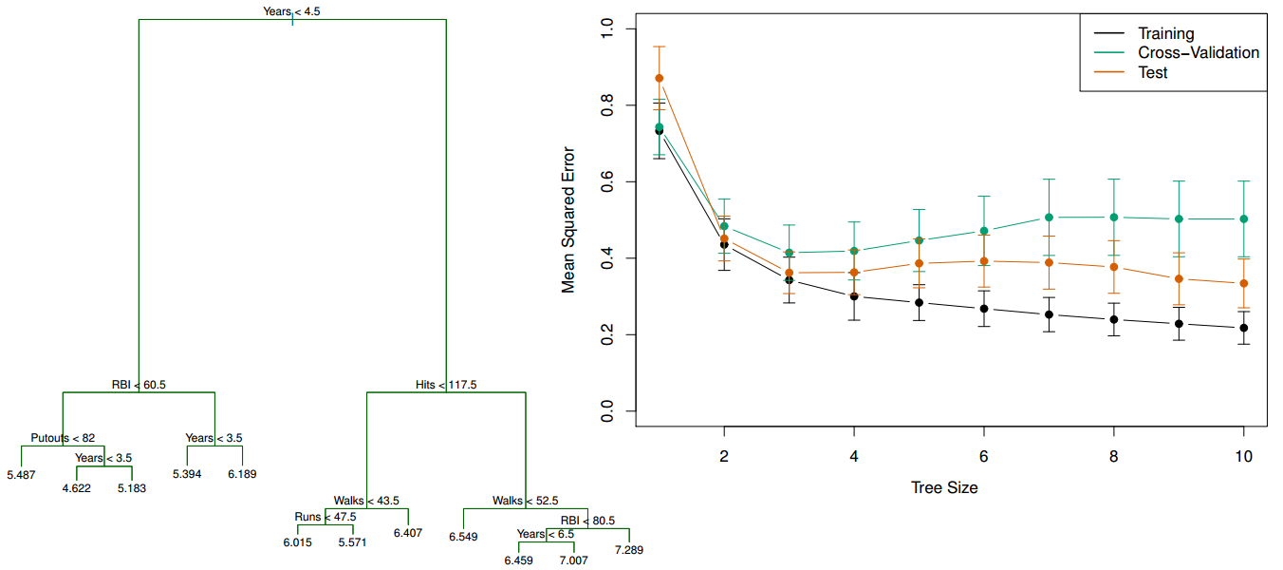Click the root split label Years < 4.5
coord(291,11)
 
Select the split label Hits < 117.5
coord(446,385)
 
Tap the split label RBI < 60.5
coord(139,385)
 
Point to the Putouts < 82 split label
coord(63,438)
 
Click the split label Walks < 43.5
coord(367,501)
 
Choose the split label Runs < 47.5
coord(325,517)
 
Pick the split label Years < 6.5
coord(546,534)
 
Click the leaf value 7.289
coord(628,550)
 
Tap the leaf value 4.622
coord(76,488)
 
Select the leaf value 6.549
coord(463,537)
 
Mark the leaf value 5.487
coord(21,474)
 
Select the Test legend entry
coord(1153,72)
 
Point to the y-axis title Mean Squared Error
coord(568,219)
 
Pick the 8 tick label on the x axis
coord(1113,456)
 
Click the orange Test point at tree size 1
coord(660,78)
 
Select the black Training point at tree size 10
coord(1243,328)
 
